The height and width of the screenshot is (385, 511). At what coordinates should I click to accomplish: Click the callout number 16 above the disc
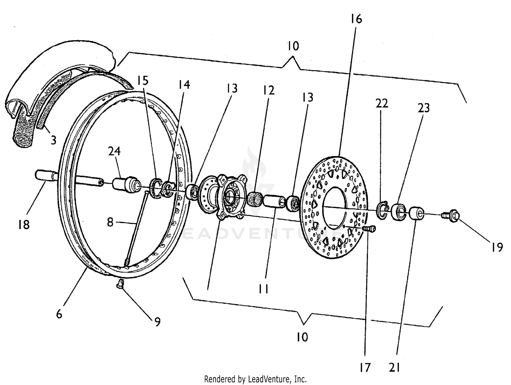(356, 19)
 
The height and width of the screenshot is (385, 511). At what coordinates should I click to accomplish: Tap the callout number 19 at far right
(497, 247)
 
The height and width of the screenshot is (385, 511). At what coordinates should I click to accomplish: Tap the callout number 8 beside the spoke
(110, 222)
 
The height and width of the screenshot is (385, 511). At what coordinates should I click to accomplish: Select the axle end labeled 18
(44, 176)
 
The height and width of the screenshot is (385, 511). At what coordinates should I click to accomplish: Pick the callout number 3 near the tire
(53, 140)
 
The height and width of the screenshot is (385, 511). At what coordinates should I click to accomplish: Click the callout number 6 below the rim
(59, 314)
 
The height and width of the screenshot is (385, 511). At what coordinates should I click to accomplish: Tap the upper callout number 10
(293, 46)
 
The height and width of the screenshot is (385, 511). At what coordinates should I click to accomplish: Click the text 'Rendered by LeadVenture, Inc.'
(255, 379)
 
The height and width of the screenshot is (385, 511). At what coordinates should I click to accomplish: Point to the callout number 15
(143, 81)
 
